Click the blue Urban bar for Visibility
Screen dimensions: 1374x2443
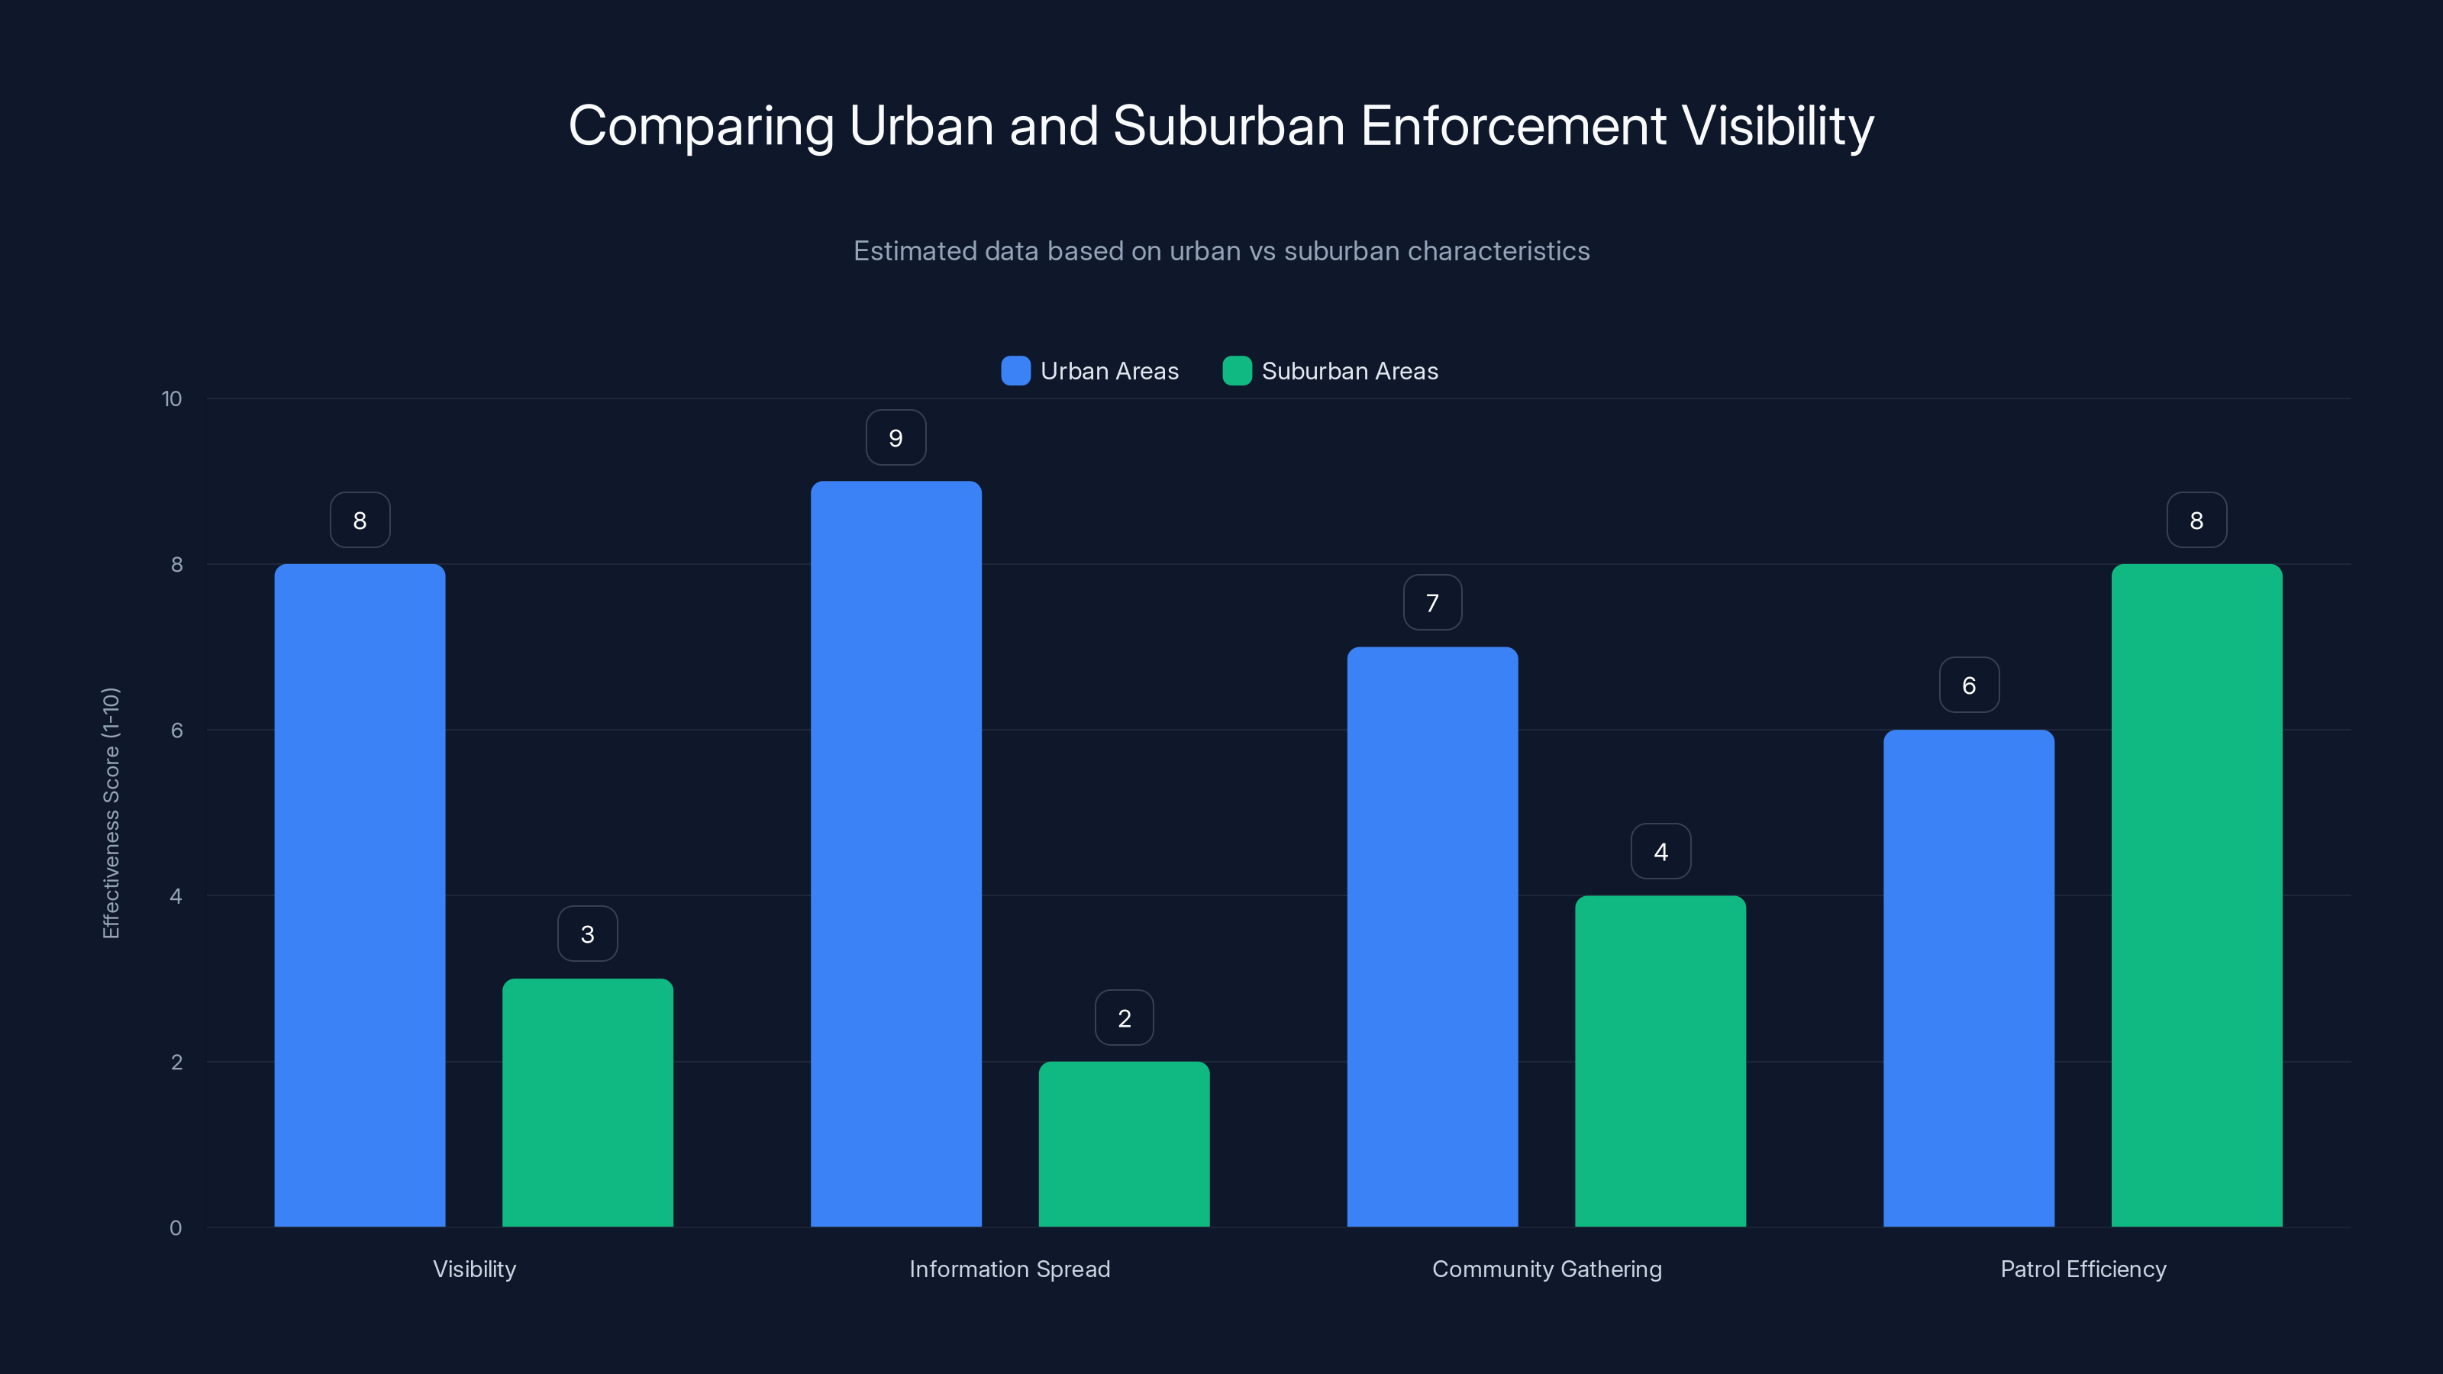click(360, 895)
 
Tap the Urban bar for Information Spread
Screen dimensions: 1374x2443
click(896, 853)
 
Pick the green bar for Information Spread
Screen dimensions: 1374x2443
click(1124, 1143)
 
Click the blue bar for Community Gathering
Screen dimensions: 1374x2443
click(1432, 937)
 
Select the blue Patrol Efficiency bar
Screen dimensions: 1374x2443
click(1968, 978)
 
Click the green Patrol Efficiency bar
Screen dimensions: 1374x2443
click(2196, 895)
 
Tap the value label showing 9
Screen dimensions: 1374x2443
click(896, 438)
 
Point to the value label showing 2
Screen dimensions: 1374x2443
click(1124, 1018)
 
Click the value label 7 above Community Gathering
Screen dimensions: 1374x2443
click(1432, 603)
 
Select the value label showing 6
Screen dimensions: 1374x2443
click(1968, 685)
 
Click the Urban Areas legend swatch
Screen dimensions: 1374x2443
click(1015, 371)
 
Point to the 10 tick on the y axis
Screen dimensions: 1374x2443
click(172, 398)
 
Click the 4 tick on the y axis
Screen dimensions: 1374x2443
click(176, 896)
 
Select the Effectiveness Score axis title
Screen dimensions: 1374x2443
click(111, 813)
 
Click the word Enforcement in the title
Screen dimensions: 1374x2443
click(1512, 125)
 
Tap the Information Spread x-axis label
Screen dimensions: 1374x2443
click(1009, 1269)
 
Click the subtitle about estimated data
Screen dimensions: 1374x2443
click(1221, 251)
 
